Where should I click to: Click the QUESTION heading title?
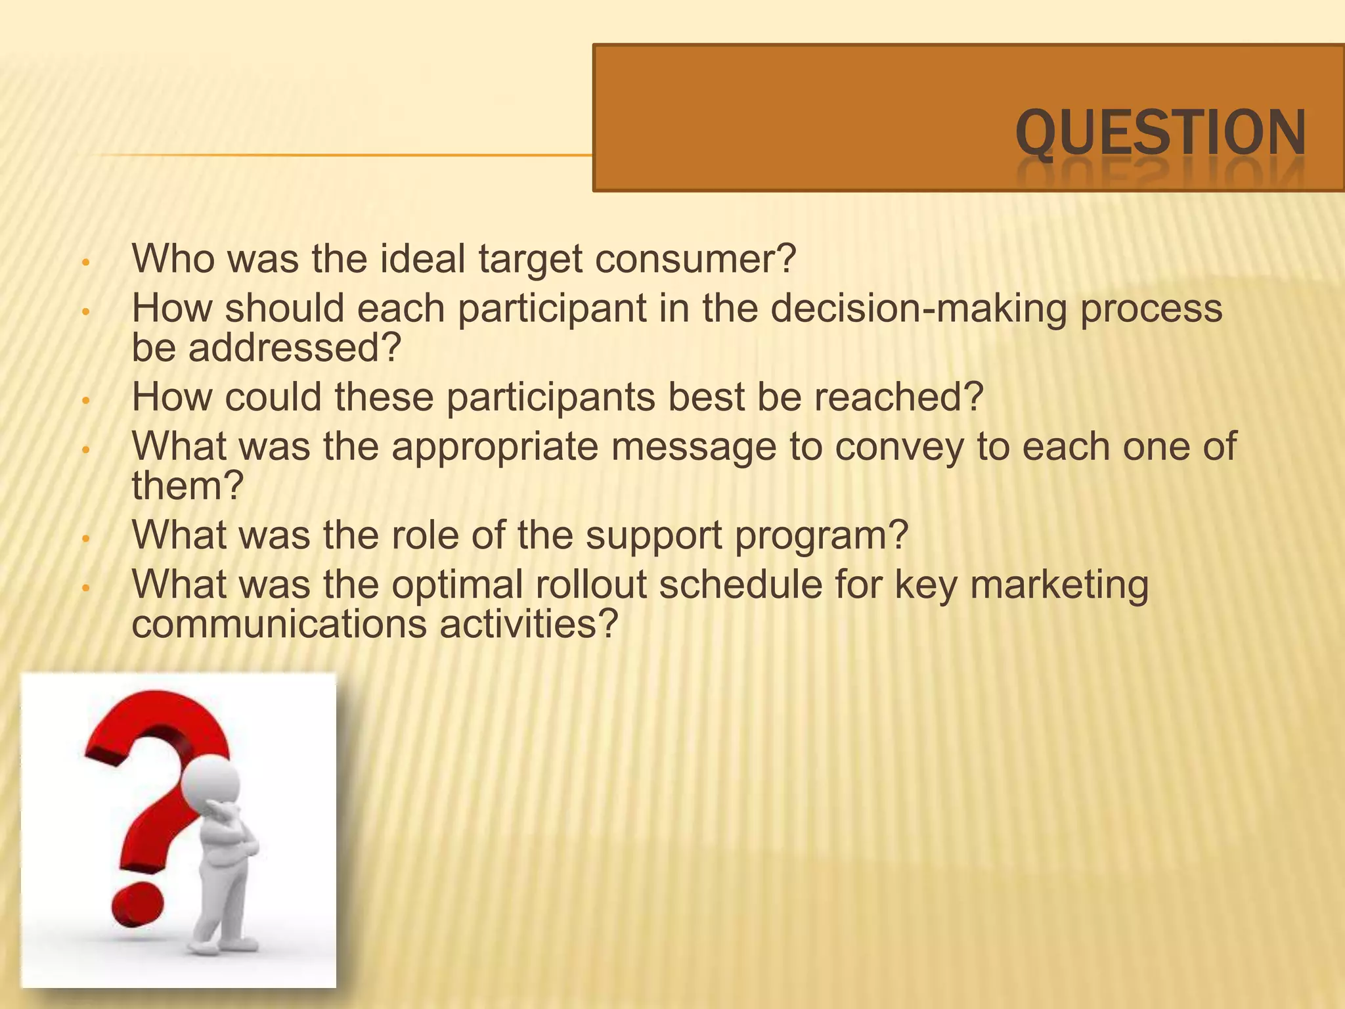coord(1160,133)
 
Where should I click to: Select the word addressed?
coord(294,348)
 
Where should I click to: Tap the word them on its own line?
coord(187,486)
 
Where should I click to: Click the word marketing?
coord(1059,586)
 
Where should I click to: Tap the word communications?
coord(279,624)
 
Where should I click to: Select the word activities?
coord(529,624)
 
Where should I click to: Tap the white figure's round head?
coord(211,784)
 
